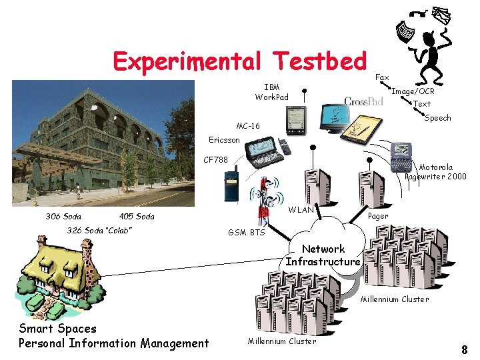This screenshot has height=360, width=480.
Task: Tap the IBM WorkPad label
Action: point(272,92)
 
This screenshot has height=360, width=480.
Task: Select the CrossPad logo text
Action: point(363,101)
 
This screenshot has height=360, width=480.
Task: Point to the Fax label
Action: point(382,78)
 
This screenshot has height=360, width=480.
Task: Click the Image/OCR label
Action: point(413,91)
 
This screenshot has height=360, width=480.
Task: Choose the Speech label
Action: point(437,118)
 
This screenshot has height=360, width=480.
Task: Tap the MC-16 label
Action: point(248,126)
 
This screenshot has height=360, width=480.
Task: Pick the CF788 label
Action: point(215,160)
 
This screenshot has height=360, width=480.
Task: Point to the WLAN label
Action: point(301,210)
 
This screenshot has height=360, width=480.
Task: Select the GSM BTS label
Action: point(246,233)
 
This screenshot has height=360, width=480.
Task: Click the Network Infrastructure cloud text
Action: point(323,255)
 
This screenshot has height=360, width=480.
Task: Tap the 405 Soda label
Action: point(137,216)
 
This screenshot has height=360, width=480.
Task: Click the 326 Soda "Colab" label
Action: point(99,231)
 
